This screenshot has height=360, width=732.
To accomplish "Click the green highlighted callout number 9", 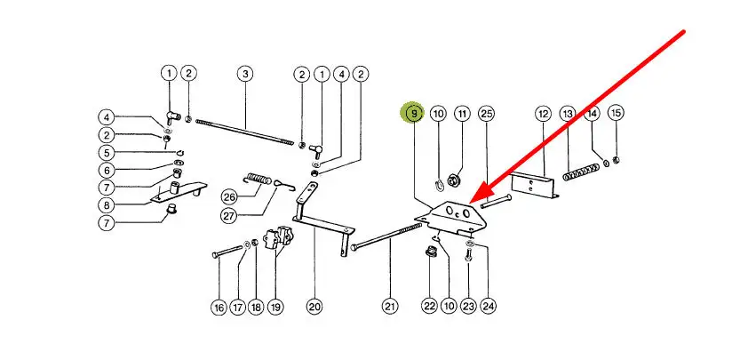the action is (x=414, y=114).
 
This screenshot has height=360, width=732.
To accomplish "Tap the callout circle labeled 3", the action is (x=245, y=74).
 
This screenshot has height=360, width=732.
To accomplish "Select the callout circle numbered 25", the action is (x=486, y=114).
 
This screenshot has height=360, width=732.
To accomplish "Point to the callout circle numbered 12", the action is (x=544, y=114).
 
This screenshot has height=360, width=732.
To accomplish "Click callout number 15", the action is (x=617, y=113).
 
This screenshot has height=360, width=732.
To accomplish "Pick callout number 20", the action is (x=314, y=307).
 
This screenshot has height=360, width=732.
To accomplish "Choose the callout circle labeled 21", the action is (x=390, y=307).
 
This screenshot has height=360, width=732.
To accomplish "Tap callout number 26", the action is (x=229, y=197).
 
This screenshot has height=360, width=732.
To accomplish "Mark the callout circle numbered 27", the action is (x=229, y=216).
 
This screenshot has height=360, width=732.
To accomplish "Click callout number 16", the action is (x=219, y=308).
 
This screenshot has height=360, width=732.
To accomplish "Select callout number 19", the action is (x=275, y=307).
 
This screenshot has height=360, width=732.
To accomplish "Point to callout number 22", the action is (x=429, y=307).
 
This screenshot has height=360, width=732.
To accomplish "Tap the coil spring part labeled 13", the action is (x=581, y=172).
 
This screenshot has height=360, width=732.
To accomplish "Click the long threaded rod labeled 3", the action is (x=245, y=132).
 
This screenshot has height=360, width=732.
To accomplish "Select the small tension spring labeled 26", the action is (x=258, y=179).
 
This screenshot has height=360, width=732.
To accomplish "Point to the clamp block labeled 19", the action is (x=276, y=237).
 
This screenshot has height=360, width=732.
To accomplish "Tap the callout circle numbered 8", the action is (x=107, y=204).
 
